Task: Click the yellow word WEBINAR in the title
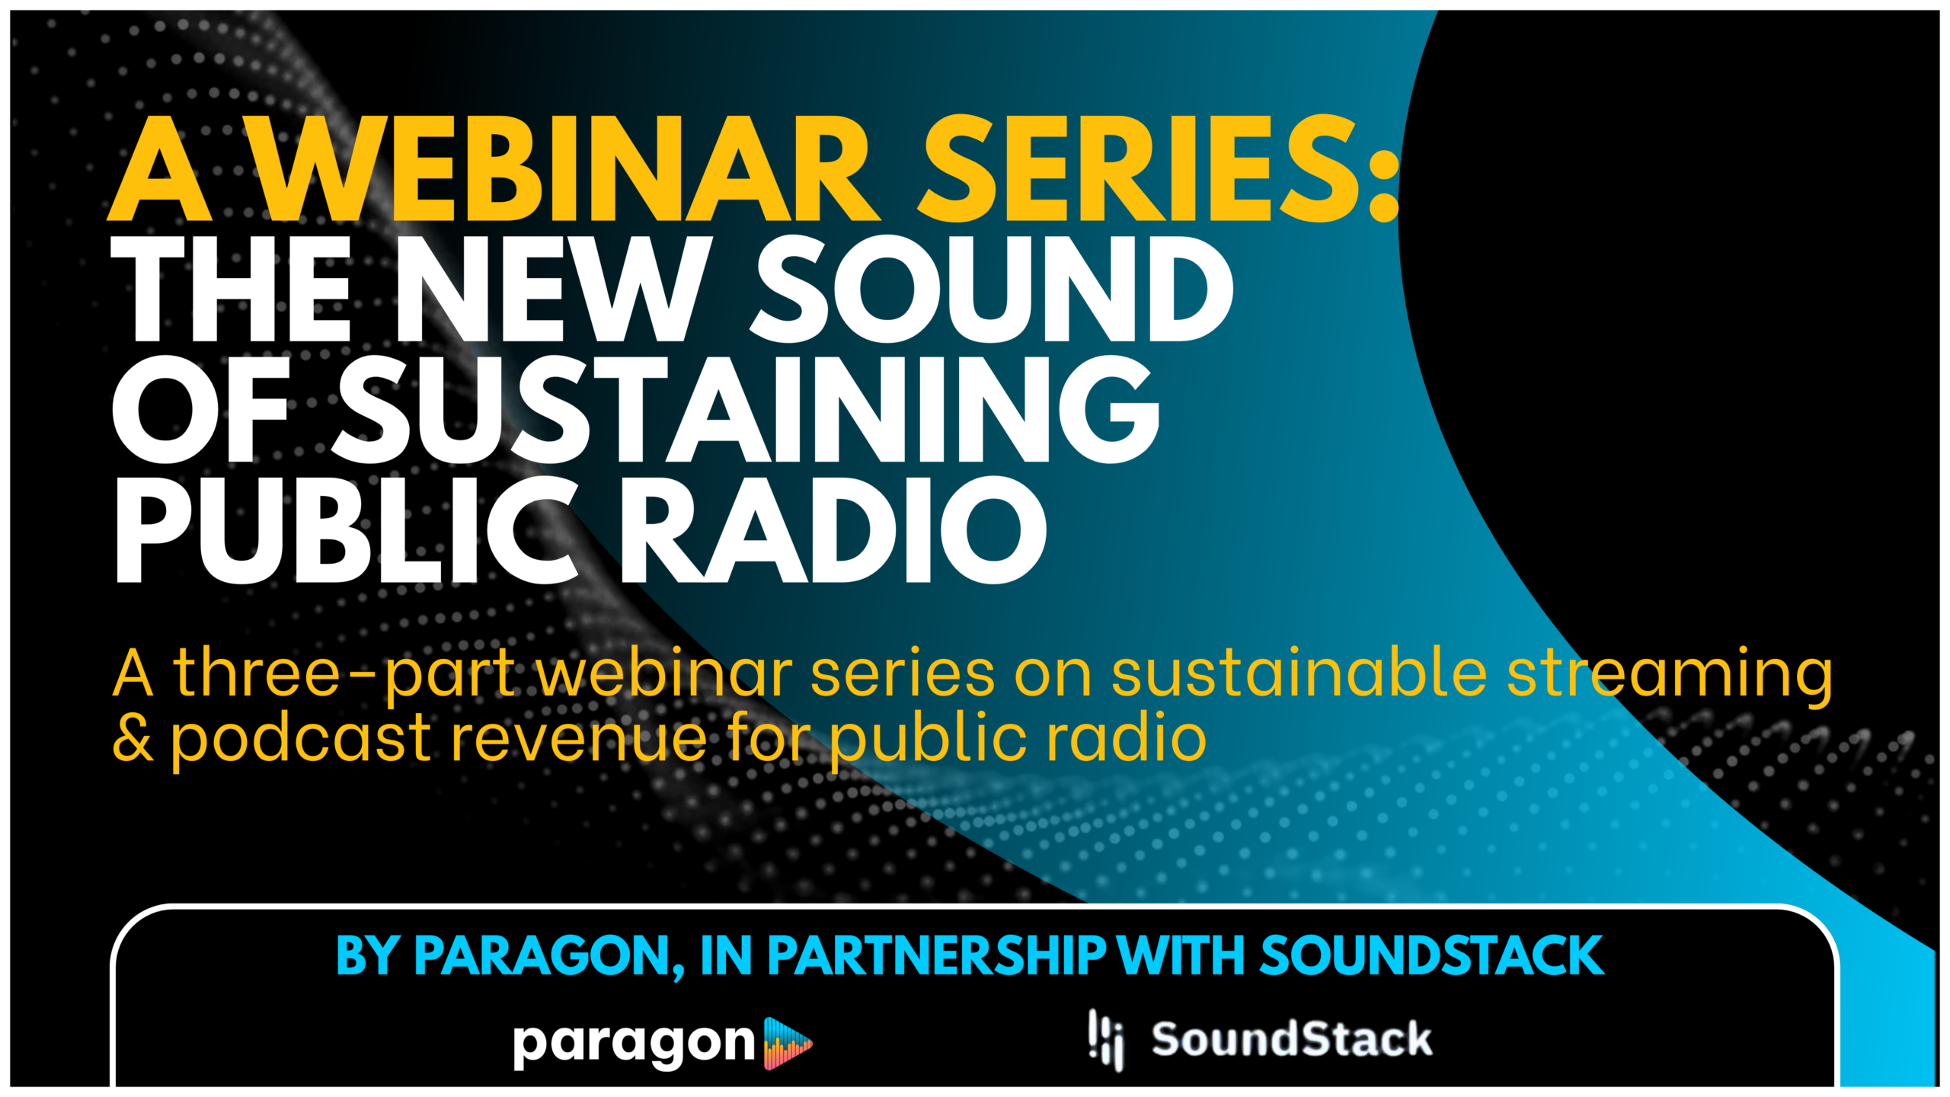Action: point(564,168)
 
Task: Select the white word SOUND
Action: point(991,289)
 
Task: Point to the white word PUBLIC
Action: point(347,530)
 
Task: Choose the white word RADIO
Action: point(835,530)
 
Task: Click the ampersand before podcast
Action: point(133,739)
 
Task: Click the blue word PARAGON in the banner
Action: point(548,957)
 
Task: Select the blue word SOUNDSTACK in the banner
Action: point(1431,955)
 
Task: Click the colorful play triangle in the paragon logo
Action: point(788,1043)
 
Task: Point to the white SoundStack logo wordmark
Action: point(1292,1039)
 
